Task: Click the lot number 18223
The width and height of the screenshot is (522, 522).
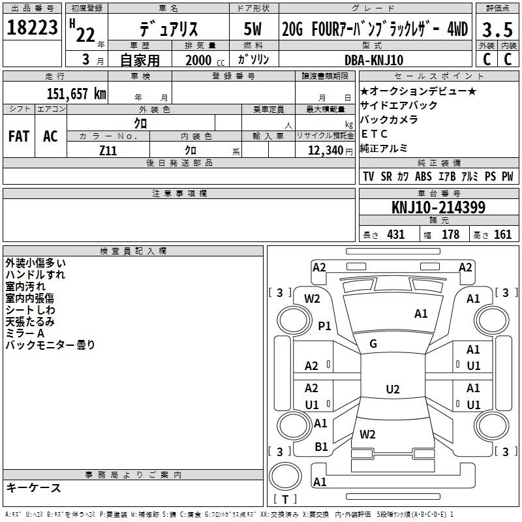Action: click(32, 27)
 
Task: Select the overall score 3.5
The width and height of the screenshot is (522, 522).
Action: click(497, 29)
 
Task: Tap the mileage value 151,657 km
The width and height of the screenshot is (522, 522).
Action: click(76, 93)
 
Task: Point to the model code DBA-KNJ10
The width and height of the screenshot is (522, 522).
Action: click(374, 60)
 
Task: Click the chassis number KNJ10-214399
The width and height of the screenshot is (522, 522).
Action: click(438, 207)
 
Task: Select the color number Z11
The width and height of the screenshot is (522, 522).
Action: click(108, 151)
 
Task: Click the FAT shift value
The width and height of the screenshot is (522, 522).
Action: click(19, 136)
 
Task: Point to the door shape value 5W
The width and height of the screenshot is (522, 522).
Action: click(253, 29)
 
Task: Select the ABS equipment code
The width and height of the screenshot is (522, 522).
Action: click(423, 176)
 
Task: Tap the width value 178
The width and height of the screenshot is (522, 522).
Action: click(450, 234)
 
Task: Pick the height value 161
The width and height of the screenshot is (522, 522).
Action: click(502, 234)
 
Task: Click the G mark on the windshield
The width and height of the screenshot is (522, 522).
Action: click(373, 344)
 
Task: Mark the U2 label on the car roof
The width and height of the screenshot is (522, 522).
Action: click(393, 389)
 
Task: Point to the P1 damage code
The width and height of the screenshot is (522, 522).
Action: click(324, 326)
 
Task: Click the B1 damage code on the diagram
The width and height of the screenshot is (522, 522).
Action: click(321, 446)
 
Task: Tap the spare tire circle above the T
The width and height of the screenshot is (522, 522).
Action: click(285, 476)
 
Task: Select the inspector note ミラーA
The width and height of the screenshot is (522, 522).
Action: click(25, 333)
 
